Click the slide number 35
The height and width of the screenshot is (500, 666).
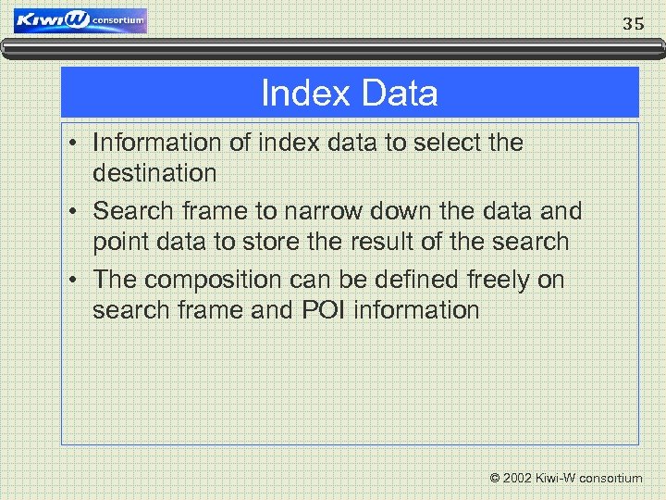click(633, 24)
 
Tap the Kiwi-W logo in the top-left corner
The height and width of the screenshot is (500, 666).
click(80, 20)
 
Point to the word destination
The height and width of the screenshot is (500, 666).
click(154, 172)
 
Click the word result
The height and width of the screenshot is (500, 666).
click(396, 242)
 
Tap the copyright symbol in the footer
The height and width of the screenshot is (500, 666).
click(495, 478)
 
